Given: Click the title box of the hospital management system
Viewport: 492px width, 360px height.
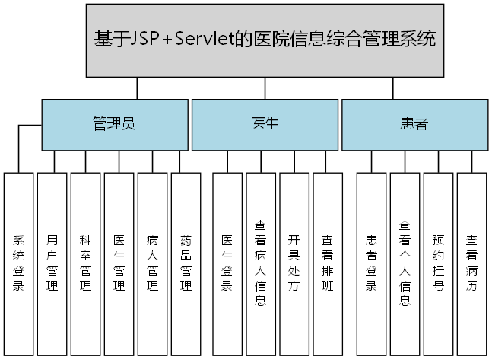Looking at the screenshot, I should [265, 40].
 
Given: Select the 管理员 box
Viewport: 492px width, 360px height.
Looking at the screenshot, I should [113, 125].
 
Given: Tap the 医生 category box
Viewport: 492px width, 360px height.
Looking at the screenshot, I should [264, 125].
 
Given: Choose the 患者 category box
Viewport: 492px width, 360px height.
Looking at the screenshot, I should [414, 125].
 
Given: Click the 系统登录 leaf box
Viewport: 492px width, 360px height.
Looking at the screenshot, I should [18, 263].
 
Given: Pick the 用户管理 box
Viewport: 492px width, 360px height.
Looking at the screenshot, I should [52, 263].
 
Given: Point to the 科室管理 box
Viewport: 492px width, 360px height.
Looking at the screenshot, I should [85, 263].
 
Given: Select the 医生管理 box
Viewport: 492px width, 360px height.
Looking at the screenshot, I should [119, 263].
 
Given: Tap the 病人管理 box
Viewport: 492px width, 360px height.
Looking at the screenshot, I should [152, 263].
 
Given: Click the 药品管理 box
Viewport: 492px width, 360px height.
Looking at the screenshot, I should [186, 263].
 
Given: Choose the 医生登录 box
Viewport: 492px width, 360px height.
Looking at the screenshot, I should [227, 263].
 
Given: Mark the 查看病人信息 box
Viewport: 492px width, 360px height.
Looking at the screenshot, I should [260, 263].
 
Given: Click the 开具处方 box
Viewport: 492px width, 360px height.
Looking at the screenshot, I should [294, 263].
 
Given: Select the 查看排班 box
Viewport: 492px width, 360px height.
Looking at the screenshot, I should [327, 263].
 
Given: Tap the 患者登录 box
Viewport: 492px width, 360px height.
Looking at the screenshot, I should [371, 263].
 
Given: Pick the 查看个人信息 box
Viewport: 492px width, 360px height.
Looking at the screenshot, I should [405, 263].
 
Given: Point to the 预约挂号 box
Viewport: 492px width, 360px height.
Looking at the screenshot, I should [438, 263].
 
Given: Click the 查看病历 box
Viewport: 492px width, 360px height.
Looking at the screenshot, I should [471, 263].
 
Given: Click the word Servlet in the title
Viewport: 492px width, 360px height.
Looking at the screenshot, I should [230, 39].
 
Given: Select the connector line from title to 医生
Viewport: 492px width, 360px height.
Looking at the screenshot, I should [264, 88].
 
